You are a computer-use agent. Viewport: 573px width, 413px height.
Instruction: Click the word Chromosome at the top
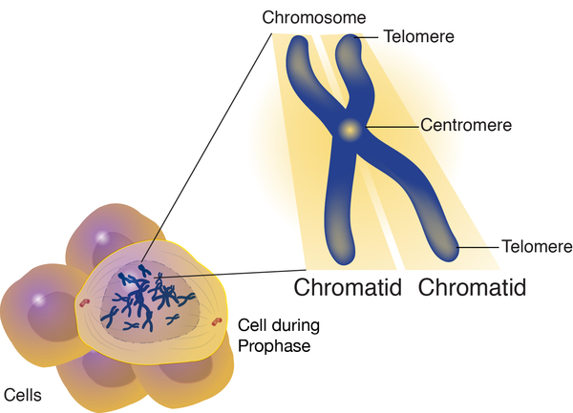307,18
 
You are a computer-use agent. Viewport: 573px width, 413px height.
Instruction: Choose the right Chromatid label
473,285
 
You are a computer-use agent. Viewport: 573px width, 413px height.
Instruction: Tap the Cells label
23,393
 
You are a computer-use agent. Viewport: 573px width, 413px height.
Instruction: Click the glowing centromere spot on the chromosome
350,127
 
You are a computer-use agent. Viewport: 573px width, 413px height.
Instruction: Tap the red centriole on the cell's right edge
218,320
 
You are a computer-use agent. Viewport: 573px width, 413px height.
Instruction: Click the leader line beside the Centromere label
392,126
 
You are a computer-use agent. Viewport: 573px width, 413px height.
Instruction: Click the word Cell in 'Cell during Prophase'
251,325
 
